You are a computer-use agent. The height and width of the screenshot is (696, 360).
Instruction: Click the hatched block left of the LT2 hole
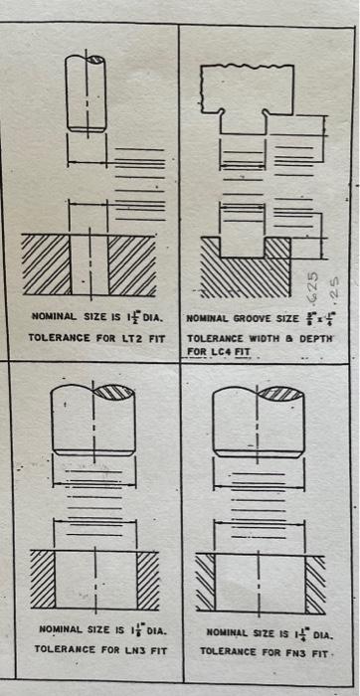click(46, 264)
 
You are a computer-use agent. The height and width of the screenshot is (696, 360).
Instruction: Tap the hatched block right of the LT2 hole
click(131, 264)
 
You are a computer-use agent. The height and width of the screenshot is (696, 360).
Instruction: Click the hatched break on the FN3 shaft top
click(284, 392)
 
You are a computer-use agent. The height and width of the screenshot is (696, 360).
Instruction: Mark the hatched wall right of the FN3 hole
click(315, 583)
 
